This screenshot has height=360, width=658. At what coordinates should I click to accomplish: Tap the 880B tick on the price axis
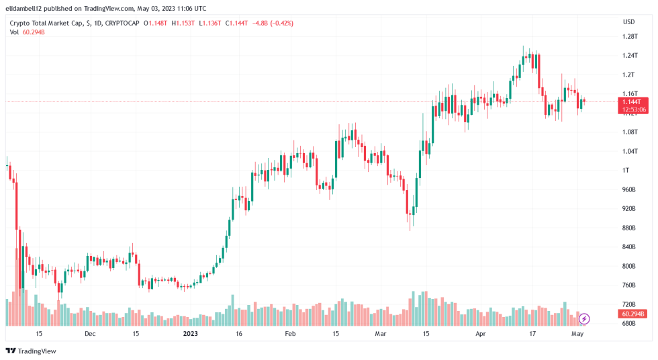point(628,228)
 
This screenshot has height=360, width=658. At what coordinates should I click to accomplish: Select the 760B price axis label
point(628,285)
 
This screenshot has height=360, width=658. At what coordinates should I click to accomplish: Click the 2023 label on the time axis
point(191,333)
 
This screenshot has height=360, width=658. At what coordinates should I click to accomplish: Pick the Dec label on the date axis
point(90,333)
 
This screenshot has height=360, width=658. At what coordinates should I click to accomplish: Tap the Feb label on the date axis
point(290,333)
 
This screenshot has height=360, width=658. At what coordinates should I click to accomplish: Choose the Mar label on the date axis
point(381,333)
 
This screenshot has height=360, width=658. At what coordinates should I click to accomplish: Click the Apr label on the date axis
point(480,333)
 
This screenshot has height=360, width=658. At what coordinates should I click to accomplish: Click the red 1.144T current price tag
point(634,101)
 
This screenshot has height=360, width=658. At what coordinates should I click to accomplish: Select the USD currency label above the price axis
point(628,22)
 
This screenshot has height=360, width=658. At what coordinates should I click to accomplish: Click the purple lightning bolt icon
point(584,318)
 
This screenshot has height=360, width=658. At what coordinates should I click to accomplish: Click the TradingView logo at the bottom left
point(31,351)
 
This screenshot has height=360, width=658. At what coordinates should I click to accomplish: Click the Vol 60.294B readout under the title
point(27,32)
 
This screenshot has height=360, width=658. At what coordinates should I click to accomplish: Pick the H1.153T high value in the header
point(183,23)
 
